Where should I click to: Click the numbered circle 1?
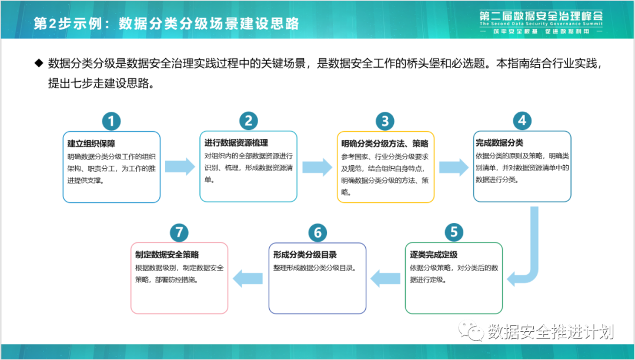[x=112, y=121]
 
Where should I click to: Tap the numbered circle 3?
[x=385, y=121]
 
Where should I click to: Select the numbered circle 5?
[x=453, y=232]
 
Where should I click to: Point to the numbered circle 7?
[x=179, y=232]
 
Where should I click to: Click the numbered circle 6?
[x=317, y=232]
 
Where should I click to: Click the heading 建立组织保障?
[x=91, y=144]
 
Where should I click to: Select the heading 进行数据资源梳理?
[x=236, y=143]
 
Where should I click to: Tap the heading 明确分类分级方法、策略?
[x=385, y=144]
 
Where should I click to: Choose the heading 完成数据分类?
[x=499, y=143]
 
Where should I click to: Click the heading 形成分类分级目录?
[x=305, y=255]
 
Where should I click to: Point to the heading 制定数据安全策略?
[x=167, y=255]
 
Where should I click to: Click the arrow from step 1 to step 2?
[x=180, y=166]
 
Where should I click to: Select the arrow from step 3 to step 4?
[x=453, y=166]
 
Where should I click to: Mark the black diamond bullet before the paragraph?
[x=39, y=62]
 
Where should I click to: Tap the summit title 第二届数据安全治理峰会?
[x=541, y=16]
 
